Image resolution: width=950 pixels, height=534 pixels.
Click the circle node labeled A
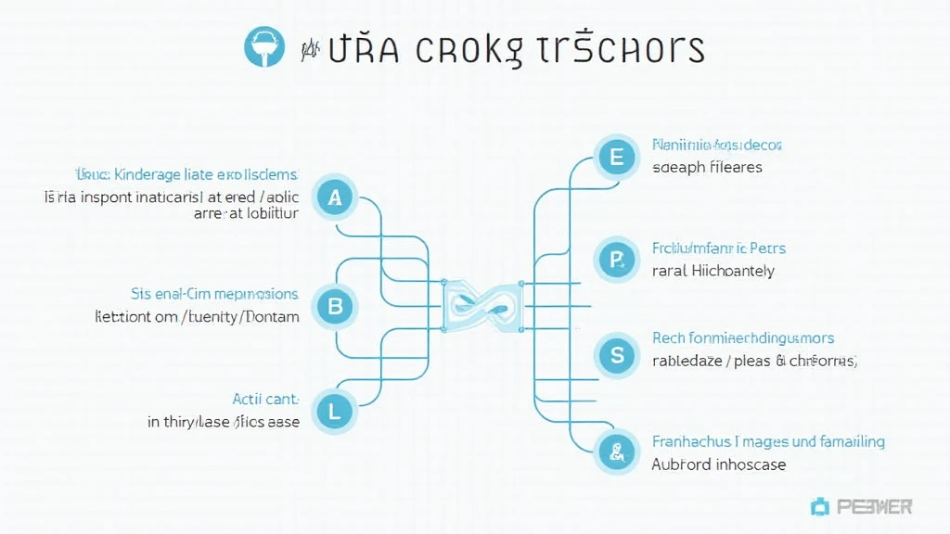[x=335, y=197]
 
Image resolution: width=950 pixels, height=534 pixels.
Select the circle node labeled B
[x=335, y=304]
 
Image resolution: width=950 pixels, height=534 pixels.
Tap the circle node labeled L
[x=335, y=409]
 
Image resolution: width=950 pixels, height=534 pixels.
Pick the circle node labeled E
[x=616, y=157]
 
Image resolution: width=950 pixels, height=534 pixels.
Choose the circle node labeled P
[x=616, y=261]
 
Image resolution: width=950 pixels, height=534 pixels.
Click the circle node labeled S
[x=616, y=354]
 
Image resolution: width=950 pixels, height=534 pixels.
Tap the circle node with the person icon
[x=616, y=452]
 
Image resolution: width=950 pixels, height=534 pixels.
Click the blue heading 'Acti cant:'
[x=265, y=399]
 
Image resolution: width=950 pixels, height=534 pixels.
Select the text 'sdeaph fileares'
[x=707, y=168]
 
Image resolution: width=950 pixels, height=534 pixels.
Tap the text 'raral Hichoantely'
[x=712, y=271]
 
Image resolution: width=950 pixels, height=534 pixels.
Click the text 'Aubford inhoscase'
[x=718, y=464]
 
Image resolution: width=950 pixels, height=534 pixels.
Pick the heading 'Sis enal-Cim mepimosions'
[x=214, y=294]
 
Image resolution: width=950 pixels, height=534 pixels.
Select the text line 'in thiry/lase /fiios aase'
[x=224, y=422]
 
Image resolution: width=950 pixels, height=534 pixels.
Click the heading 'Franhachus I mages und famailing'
[x=768, y=441]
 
